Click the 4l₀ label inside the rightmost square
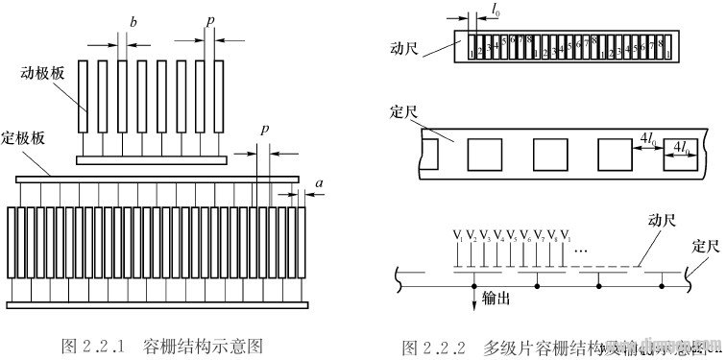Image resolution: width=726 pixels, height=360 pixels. click(681, 147)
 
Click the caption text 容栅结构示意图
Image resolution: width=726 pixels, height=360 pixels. click(202, 343)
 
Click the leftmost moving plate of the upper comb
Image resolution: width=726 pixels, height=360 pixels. click(85, 97)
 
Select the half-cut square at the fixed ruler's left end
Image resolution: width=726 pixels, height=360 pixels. click(428, 153)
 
